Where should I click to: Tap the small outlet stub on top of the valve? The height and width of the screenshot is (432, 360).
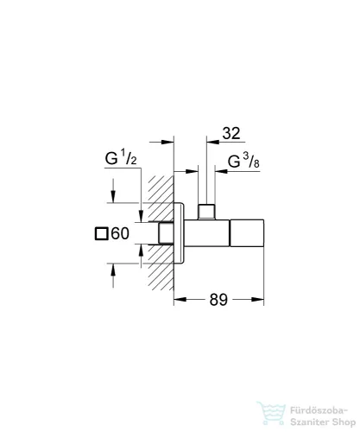tap(207, 212)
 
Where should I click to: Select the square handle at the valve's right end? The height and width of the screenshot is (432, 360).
tap(248, 234)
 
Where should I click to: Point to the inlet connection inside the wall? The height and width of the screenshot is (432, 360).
tap(164, 234)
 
